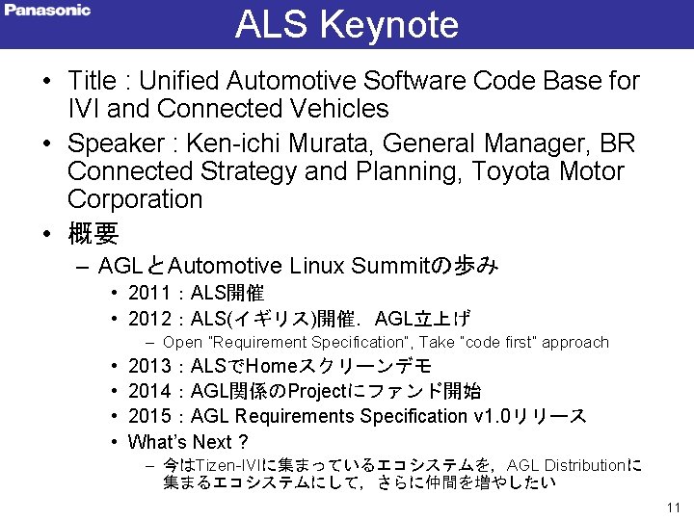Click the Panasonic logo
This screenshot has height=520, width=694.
(47, 11)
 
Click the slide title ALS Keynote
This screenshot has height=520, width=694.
(347, 25)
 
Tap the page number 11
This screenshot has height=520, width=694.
(673, 507)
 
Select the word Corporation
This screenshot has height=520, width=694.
(135, 199)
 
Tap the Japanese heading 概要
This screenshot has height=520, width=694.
(93, 233)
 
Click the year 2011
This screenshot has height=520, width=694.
(148, 293)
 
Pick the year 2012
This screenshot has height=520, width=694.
(148, 319)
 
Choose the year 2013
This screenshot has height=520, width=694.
(148, 366)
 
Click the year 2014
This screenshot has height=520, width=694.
(148, 391)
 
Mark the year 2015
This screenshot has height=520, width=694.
(148, 416)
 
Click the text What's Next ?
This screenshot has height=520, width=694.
(188, 442)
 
